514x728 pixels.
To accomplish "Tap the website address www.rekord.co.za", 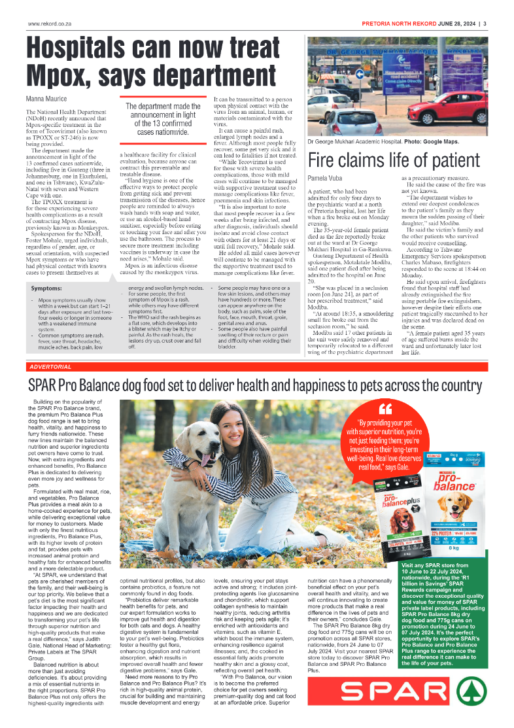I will (x=48, y=24).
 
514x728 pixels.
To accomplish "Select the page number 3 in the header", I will (x=485, y=24).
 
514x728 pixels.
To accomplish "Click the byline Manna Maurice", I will (x=48, y=99).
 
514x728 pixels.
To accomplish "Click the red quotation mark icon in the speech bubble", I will (x=385, y=410).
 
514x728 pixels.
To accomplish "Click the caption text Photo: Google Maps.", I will (x=432, y=141).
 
